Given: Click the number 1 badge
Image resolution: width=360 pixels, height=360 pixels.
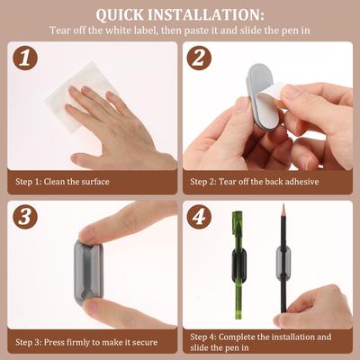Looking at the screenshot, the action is (25, 58).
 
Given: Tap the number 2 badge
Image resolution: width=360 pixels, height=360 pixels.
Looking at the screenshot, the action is (199, 58).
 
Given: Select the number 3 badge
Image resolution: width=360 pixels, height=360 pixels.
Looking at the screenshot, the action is (25, 217).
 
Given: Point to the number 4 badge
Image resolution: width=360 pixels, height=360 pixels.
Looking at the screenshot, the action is (199, 217).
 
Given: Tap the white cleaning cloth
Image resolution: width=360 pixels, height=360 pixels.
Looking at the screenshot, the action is (80, 96).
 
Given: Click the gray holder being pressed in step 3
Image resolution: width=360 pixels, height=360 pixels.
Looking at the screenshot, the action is (88, 273).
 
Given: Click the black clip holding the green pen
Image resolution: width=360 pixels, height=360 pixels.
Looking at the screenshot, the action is (239, 265).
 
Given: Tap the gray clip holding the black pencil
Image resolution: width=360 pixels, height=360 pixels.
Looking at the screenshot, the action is (283, 263).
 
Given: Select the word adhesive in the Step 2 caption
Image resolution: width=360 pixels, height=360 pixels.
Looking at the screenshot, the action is (301, 182).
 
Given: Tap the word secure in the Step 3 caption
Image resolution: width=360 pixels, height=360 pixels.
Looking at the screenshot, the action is (145, 342).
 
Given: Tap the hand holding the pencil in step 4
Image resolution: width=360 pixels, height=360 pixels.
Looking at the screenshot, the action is (315, 309).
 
